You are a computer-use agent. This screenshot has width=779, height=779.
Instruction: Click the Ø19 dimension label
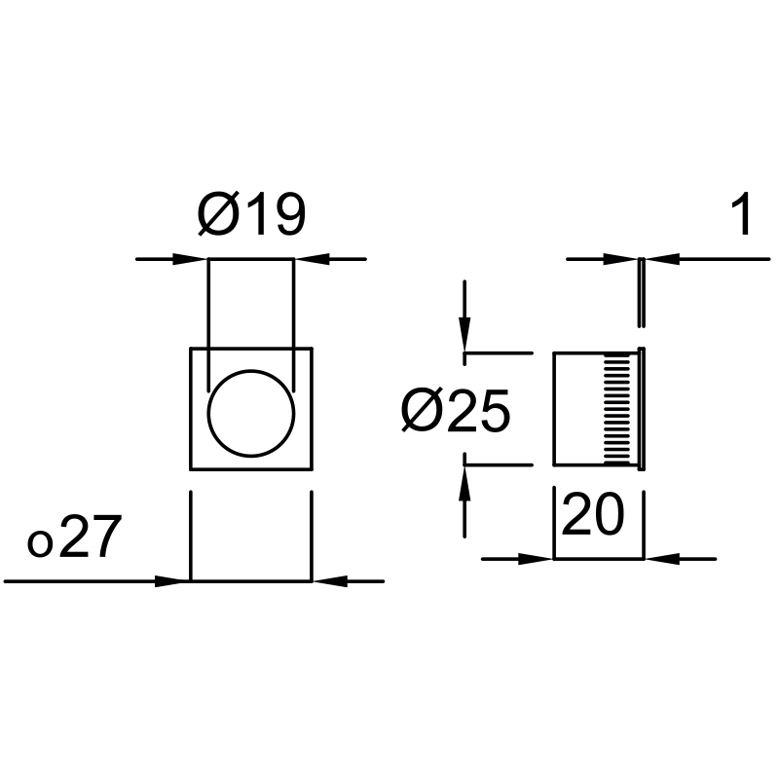(x=251, y=214)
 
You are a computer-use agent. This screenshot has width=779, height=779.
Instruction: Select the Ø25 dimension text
(x=456, y=410)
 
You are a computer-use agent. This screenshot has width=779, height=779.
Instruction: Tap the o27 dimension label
(x=75, y=537)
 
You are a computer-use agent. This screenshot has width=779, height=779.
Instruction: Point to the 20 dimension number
(x=593, y=514)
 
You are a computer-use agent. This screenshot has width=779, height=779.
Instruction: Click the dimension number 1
(x=743, y=214)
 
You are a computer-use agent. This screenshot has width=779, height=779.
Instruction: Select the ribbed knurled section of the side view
(x=616, y=409)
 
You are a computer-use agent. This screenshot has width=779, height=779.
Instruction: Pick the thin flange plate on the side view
(x=642, y=408)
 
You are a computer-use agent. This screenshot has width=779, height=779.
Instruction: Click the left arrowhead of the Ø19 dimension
(x=190, y=259)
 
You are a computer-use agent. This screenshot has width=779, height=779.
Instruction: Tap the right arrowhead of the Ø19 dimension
(x=312, y=259)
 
